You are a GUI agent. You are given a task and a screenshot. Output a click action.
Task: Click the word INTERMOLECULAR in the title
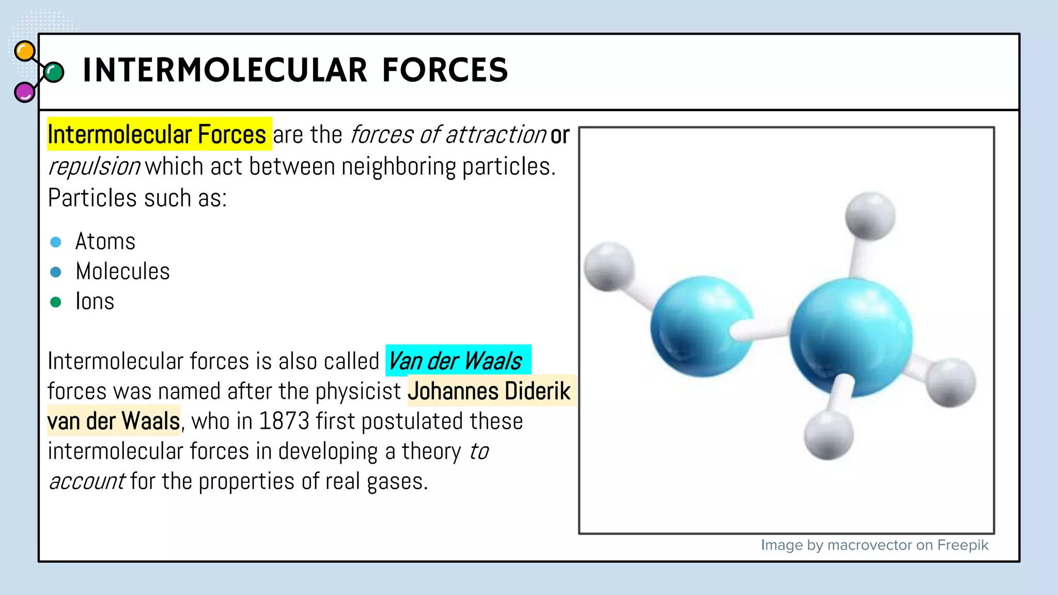coord(225,70)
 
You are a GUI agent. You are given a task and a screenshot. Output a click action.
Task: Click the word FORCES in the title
coord(445,70)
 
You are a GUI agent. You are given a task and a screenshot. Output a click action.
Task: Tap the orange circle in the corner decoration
coord(25,51)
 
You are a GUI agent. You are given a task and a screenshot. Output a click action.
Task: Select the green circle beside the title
coord(54,72)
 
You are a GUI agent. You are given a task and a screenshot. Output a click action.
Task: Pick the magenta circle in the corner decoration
coord(24,92)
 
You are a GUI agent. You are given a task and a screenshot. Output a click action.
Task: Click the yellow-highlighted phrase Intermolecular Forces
coord(157,135)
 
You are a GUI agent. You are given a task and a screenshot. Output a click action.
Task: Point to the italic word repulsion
coord(94,167)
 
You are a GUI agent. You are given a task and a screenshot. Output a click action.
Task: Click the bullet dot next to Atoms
coord(56,242)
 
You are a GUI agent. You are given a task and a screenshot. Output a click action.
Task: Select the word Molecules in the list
coord(122,272)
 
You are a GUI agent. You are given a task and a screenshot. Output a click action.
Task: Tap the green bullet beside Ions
coord(56,302)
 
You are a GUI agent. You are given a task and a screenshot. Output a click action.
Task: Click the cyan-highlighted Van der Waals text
coord(456,361)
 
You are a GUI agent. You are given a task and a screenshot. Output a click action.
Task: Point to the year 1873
coord(284,421)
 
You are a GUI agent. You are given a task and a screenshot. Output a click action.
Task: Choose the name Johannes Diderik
coord(489,391)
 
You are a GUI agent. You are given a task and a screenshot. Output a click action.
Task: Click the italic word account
coord(87,481)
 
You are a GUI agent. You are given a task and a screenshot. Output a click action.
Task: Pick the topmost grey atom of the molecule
coord(870,216)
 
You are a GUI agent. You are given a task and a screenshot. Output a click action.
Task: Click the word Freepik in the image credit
coord(962,545)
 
